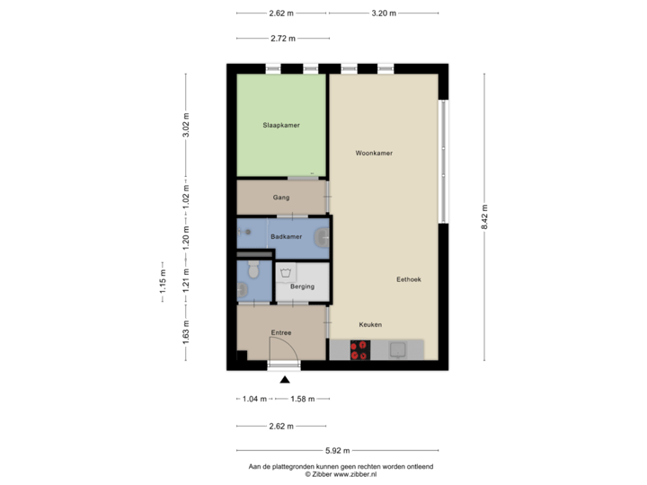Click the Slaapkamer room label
[280, 126]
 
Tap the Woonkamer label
[374, 154]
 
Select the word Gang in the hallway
[280, 197]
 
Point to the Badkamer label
[285, 236]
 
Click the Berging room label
[302, 287]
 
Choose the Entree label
[281, 332]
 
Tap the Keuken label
[370, 324]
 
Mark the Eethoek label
[409, 279]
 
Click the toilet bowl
[253, 269]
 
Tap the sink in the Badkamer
[320, 237]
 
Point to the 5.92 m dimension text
[338, 450]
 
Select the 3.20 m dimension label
[384, 13]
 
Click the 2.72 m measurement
[282, 39]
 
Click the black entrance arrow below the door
[286, 379]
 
